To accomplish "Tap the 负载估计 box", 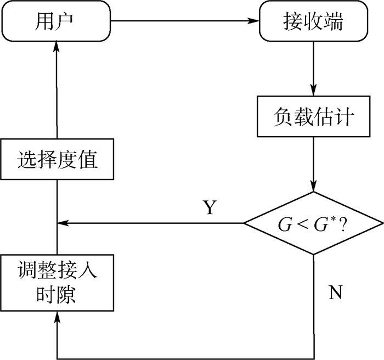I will tap(313, 116).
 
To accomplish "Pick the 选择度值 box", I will tap(57, 160).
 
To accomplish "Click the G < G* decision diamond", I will tap(313, 223).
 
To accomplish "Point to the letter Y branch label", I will tap(210, 207).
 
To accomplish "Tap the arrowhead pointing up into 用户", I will tap(57, 48).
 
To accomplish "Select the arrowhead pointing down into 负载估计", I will tap(313, 91).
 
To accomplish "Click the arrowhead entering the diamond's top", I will tap(313, 187).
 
